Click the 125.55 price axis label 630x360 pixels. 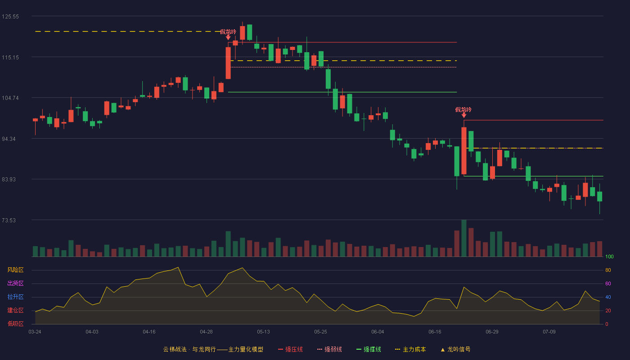click(10, 17)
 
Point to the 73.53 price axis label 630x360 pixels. click(9, 220)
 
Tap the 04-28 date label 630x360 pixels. click(206, 332)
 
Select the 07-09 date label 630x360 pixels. click(549, 332)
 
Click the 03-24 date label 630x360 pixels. click(35, 332)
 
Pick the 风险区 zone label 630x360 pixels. click(15, 270)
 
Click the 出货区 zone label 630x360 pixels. click(15, 283)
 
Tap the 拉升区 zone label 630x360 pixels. click(15, 297)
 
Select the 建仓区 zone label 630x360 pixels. click(15, 310)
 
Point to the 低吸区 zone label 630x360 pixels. click(15, 324)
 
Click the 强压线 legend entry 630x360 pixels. click(290, 349)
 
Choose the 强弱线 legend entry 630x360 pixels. click(329, 349)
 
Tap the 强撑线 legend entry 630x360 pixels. click(369, 349)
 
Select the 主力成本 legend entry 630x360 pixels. click(410, 349)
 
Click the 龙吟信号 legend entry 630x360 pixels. click(455, 349)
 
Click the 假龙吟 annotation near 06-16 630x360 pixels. click(463, 110)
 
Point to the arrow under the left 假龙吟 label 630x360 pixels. click(228, 37)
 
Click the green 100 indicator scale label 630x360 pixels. click(609, 256)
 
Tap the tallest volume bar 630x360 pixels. click(464, 238)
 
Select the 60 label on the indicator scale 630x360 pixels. click(608, 283)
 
